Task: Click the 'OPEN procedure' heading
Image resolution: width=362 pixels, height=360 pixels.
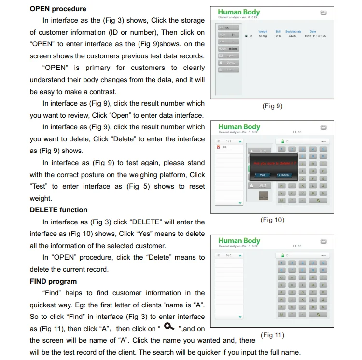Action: [58, 9]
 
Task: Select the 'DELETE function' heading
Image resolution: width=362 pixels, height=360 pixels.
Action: [58, 210]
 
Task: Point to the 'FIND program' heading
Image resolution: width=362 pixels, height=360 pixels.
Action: [53, 281]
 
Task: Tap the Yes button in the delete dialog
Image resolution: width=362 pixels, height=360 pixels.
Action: [262, 175]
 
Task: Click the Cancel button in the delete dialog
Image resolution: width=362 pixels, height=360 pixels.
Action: [284, 175]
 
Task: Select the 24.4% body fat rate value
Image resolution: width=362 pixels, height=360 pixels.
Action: [292, 36]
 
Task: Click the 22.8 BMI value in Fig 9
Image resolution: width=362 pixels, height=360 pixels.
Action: [278, 36]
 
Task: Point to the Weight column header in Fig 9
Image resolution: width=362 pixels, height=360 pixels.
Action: [263, 32]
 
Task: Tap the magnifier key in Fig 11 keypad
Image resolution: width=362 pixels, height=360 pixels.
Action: [319, 314]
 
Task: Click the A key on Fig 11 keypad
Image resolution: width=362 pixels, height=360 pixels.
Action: [281, 292]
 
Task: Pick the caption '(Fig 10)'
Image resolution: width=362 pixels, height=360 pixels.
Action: [273, 220]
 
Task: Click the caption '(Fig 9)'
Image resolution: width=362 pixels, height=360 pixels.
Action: [272, 106]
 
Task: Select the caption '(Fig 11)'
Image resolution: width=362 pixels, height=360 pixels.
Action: [272, 335]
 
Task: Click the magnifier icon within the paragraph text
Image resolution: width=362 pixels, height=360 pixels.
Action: [169, 327]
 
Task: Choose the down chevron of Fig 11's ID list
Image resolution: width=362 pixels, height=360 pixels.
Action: [240, 317]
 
